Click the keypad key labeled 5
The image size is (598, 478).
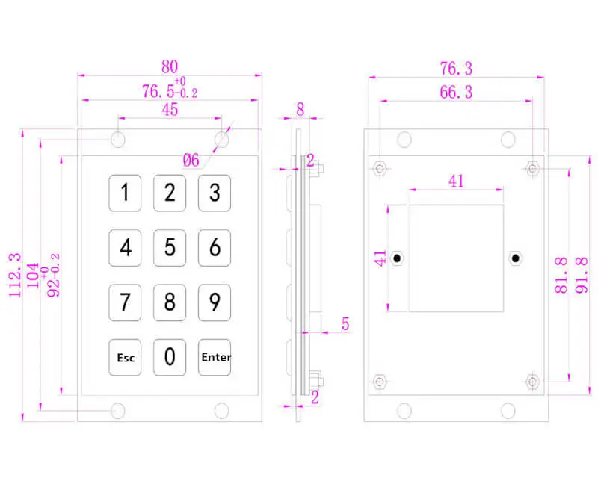tap(170, 247)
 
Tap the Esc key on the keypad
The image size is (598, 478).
tap(126, 358)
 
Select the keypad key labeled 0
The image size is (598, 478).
tap(170, 358)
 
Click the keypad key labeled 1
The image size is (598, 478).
tap(126, 193)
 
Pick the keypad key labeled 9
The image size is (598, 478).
tap(214, 302)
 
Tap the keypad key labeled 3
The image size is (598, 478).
tap(214, 193)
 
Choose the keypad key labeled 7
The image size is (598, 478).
tap(126, 302)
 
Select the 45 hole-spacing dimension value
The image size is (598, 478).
tap(170, 109)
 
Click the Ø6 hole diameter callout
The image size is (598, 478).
tap(191, 159)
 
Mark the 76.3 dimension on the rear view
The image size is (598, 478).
tap(456, 69)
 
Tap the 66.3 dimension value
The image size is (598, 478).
tap(456, 93)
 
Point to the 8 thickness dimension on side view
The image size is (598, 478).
tap(300, 109)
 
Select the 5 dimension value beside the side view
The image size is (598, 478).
tap(346, 324)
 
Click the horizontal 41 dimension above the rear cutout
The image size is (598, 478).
tap(456, 180)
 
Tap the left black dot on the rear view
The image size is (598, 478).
tap(398, 258)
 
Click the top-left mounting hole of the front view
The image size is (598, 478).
tap(118, 140)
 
